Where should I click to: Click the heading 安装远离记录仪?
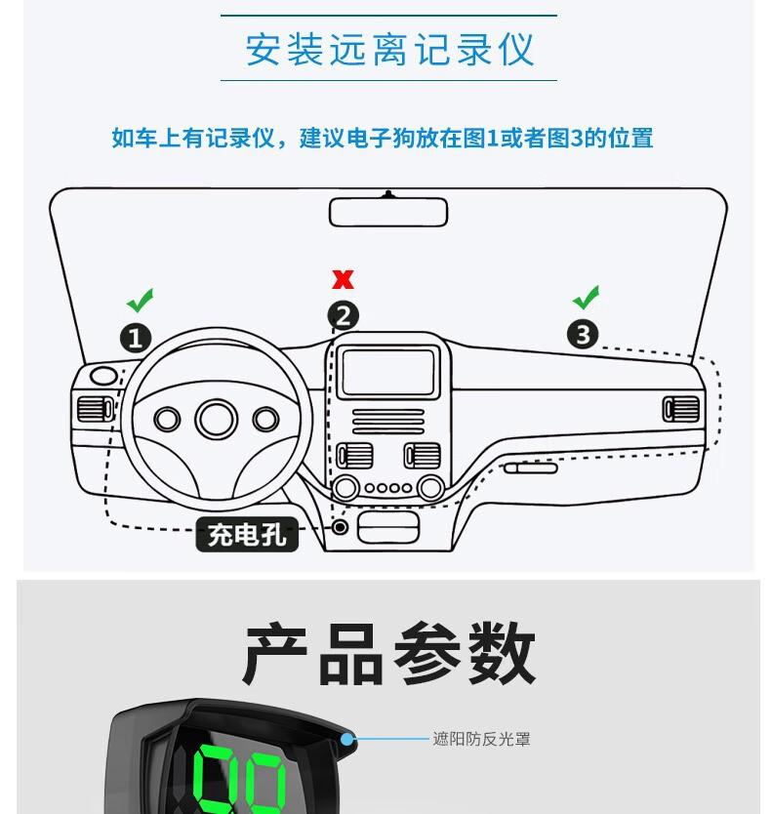(389, 50)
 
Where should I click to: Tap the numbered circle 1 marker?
(136, 338)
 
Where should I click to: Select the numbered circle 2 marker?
(344, 315)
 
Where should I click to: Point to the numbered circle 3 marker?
(583, 334)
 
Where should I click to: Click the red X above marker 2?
(344, 279)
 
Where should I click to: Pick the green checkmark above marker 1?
(141, 300)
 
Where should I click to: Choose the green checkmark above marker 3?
(587, 298)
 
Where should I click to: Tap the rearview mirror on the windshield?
(388, 212)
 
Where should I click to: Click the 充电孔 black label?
(247, 534)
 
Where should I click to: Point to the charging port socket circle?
(340, 527)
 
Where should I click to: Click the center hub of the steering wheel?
(217, 419)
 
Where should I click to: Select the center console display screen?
(387, 372)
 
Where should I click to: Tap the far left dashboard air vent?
(95, 409)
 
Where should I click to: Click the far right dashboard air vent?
(680, 409)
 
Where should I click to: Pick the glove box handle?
(531, 468)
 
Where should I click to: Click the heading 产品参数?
(388, 653)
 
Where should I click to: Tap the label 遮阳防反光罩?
(481, 739)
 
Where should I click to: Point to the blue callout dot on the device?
(346, 739)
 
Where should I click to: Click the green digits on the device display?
(239, 779)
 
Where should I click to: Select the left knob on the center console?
(345, 487)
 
